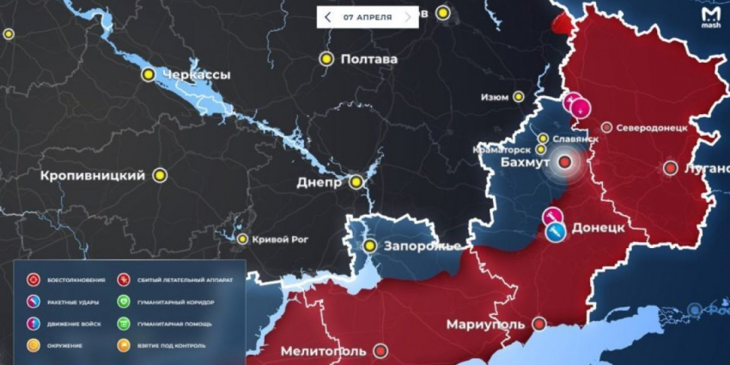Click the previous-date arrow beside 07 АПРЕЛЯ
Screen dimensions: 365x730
point(328,16)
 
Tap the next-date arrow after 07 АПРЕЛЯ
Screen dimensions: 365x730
point(408,16)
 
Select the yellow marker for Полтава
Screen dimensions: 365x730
point(326,59)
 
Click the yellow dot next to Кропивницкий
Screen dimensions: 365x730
point(160,175)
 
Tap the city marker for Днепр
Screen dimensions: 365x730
point(355,182)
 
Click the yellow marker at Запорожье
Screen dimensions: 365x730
point(370,246)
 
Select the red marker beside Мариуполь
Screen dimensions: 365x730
point(538,325)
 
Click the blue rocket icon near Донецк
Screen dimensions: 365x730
point(557,232)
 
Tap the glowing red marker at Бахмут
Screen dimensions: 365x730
point(565,161)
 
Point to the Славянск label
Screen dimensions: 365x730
point(575,138)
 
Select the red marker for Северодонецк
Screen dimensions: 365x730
point(606,127)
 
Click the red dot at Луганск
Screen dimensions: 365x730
point(671,168)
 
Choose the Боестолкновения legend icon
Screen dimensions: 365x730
point(33,280)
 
